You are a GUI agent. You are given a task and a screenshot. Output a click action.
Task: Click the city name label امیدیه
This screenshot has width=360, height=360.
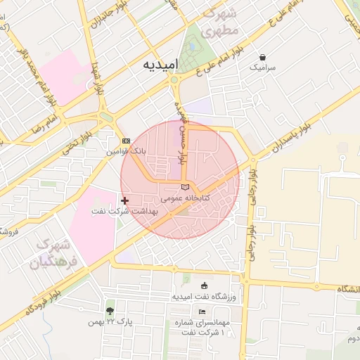[161, 65]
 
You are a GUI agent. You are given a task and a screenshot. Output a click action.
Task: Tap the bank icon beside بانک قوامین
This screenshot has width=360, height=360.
[126, 141]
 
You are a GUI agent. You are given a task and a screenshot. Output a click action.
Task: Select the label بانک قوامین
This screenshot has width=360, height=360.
[127, 151]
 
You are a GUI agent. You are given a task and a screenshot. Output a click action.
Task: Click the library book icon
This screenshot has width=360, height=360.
[185, 187]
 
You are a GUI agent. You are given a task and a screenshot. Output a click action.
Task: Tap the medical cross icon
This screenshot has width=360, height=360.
[125, 201]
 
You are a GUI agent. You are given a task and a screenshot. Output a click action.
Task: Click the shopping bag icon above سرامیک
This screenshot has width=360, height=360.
[262, 57]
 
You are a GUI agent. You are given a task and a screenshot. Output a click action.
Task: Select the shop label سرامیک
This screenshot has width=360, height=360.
[262, 68]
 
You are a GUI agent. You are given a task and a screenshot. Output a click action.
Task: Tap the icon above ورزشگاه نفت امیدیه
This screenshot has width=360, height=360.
[205, 285]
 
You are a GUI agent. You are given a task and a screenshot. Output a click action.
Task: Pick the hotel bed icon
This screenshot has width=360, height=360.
[202, 311]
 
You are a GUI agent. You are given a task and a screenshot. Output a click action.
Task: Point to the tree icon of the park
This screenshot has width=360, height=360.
[110, 310]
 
